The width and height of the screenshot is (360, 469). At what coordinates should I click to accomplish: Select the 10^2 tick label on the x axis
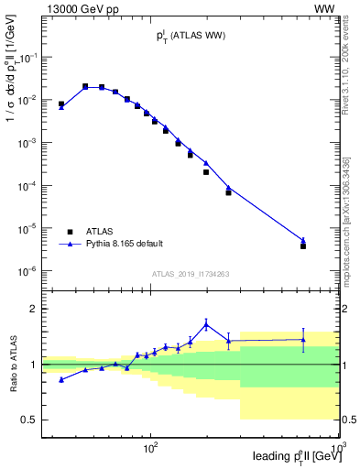[151, 447]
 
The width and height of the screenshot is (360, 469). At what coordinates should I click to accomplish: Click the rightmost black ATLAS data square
[303, 245]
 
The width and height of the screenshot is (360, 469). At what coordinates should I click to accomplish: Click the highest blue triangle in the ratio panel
[206, 323]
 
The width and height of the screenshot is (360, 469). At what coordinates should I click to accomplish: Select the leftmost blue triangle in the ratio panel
[61, 379]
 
